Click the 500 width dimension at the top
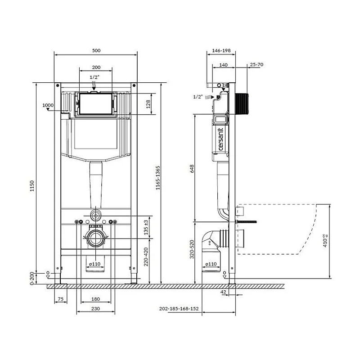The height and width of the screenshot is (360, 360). point(95,50)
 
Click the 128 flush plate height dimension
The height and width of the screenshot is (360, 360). point(148,103)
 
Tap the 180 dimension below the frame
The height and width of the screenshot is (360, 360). point(95,299)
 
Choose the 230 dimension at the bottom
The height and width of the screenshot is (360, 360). point(95,309)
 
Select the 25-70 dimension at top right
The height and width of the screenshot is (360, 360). point(256,65)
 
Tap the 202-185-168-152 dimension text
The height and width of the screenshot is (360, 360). point(179,309)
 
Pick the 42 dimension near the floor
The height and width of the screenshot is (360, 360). point(223,292)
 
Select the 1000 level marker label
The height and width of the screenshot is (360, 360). point(48,105)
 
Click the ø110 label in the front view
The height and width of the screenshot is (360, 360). point(94,264)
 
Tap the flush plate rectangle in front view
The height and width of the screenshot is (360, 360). point(95,103)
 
